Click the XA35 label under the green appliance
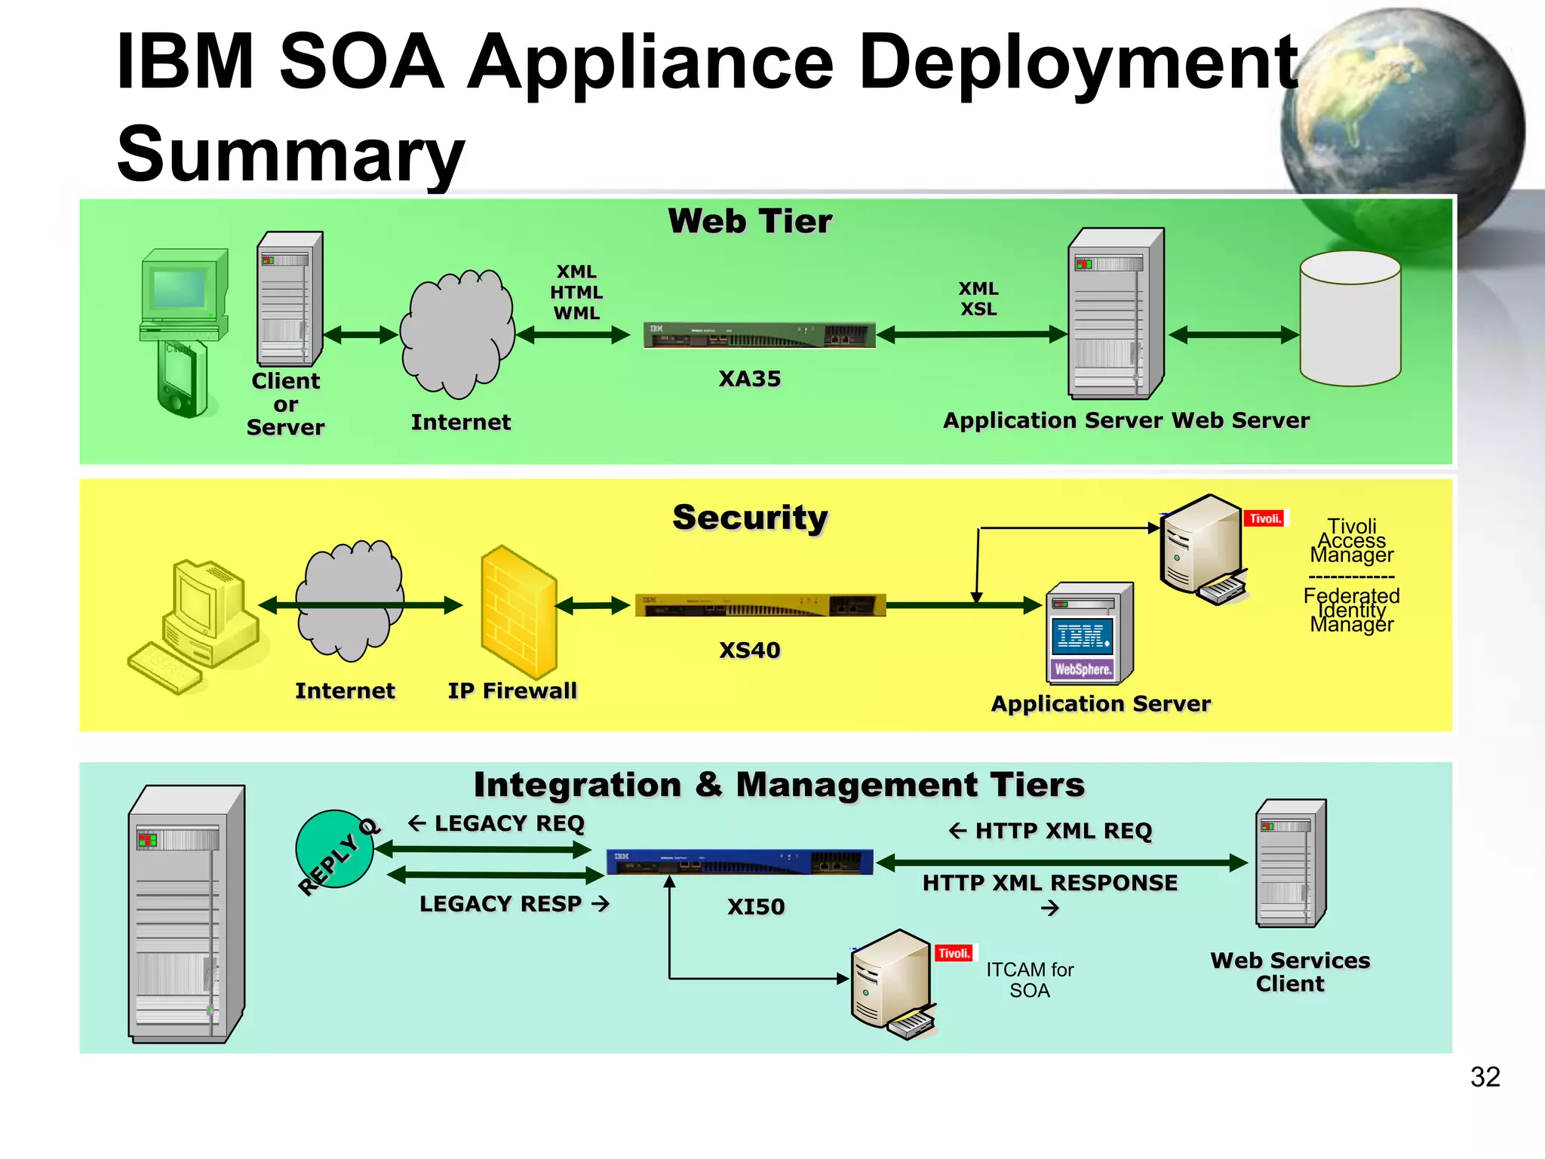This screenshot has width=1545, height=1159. pos(749,379)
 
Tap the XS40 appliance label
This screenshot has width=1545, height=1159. pos(749,650)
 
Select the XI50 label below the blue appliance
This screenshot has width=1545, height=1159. pos(756,906)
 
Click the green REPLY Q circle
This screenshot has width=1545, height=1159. pos(334,850)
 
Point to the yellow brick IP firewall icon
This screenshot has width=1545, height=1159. pos(519,611)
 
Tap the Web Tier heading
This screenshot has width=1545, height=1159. pos(749,222)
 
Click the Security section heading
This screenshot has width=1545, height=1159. pos(750,518)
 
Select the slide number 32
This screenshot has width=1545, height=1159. pos(1484,1077)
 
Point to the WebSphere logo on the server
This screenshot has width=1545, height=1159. pos(1083,669)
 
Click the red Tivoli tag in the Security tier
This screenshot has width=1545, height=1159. pos(1264,518)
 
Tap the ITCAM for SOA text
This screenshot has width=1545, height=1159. pos(1029,979)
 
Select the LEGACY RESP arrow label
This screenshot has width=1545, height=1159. pos(514,904)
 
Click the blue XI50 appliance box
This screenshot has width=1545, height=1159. pos(739,862)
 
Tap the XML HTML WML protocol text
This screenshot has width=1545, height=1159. pos(576,292)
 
